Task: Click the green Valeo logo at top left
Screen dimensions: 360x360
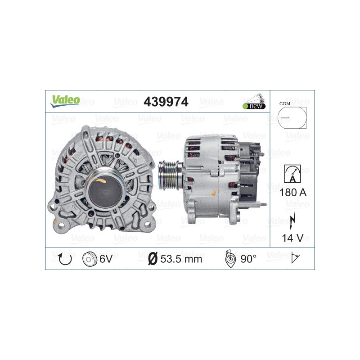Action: [65, 101]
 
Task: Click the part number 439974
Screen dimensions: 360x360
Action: [166, 102]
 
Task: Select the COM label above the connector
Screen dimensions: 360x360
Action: [284, 103]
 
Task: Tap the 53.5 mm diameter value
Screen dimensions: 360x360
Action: [181, 259]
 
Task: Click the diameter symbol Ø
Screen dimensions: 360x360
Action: [153, 259]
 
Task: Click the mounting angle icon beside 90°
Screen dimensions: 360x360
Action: [230, 259]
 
